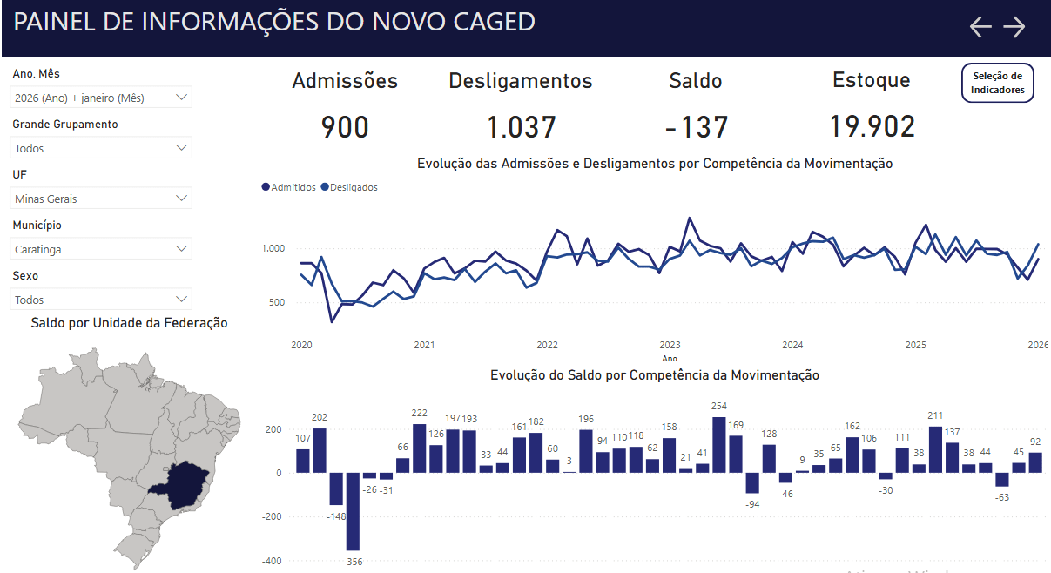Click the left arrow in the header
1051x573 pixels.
[980, 27]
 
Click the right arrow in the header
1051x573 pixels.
[1014, 27]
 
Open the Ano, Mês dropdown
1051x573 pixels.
[101, 98]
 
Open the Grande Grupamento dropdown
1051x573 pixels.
[101, 148]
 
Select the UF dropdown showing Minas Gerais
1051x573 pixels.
[101, 199]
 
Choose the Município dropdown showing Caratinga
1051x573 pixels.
[101, 249]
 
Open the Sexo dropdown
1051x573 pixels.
[101, 300]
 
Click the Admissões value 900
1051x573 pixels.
[345, 128]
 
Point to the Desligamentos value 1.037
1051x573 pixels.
[521, 128]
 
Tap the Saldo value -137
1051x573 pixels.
[696, 128]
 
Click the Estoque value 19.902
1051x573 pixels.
[872, 127]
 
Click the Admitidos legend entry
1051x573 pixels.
[288, 187]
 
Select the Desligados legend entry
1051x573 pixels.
[349, 187]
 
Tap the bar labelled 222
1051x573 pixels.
[419, 448]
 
